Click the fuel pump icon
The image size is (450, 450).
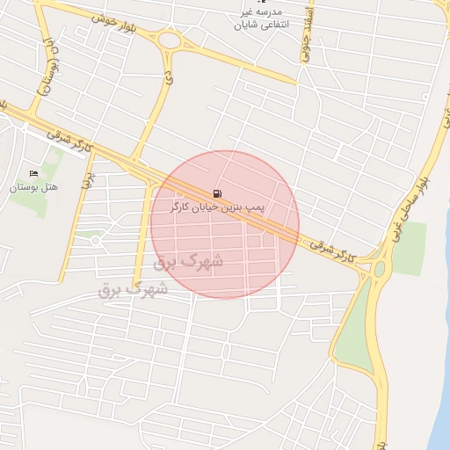tap(217, 193)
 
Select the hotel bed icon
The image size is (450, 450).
tap(34, 173)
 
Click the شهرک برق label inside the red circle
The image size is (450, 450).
tap(187, 261)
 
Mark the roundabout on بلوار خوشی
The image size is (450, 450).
tap(169, 39)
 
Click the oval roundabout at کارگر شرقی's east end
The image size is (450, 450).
tap(380, 269)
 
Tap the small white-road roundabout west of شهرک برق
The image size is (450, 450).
tap(95, 240)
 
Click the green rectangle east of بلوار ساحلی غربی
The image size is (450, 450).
tap(409, 237)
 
